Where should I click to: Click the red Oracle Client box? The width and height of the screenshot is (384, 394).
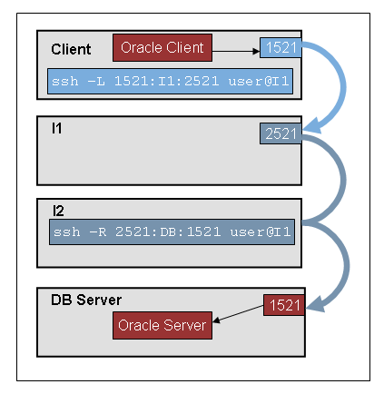pos(162,48)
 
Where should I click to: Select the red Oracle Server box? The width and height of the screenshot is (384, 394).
pos(162,325)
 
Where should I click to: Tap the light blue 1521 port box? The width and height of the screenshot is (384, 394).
pos(281,47)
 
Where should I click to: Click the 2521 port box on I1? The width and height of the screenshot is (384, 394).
pos(281,133)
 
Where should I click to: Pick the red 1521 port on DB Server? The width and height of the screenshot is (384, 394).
pos(284,305)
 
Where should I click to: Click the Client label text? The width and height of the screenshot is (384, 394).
pos(71,49)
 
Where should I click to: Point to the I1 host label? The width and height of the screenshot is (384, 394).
pos(56,128)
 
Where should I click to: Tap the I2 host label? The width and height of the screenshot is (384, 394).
pos(58,211)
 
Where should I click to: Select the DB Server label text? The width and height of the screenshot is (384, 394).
pos(86,300)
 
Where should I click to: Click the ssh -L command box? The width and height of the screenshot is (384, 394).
pos(170,81)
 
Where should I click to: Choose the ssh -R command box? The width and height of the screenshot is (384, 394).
pos(172,232)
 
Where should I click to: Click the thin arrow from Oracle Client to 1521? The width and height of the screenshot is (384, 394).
pos(236,52)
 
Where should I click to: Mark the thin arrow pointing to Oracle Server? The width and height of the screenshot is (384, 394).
pos(238,313)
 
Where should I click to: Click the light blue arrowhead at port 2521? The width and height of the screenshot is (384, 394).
pos(311,126)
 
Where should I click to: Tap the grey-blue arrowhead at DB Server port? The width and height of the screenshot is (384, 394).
pos(315,305)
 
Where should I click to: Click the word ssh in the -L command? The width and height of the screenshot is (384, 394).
pos(65,81)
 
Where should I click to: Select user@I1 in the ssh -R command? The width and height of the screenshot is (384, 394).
pos(261,232)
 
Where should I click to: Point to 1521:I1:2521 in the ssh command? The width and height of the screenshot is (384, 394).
pos(166,81)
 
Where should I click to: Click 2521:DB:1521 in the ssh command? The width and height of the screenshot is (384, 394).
pos(168,232)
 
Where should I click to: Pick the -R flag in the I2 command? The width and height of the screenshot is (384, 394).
pos(97,232)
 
